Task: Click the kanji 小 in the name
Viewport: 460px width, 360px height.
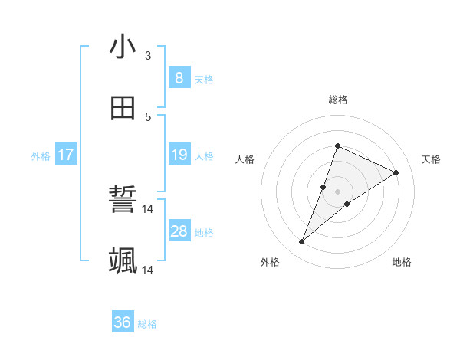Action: click(x=123, y=47)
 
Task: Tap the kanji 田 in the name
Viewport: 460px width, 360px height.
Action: click(x=123, y=109)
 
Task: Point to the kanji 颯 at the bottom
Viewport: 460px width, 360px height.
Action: click(x=123, y=261)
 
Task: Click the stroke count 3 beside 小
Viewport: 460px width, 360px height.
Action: click(x=147, y=55)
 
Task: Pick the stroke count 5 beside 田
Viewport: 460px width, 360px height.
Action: click(x=147, y=116)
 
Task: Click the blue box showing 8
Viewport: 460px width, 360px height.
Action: click(x=179, y=77)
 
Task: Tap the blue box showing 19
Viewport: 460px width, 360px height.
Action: click(x=179, y=155)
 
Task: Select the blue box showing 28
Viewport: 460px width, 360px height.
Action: click(x=179, y=231)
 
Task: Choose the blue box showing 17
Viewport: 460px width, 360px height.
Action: click(x=66, y=155)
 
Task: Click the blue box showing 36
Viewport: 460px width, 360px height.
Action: click(x=123, y=322)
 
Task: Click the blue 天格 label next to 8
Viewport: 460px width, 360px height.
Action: click(x=204, y=79)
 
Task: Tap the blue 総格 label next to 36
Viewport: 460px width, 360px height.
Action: click(x=147, y=324)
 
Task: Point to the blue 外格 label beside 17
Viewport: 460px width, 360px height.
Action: click(x=41, y=156)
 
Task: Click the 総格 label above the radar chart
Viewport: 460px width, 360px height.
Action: click(x=337, y=100)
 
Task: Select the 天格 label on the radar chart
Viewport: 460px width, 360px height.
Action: click(x=431, y=159)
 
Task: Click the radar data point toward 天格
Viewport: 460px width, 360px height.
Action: click(x=396, y=172)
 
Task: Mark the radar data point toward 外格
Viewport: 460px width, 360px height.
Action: click(x=302, y=242)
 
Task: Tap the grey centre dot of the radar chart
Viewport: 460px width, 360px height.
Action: click(x=337, y=191)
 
